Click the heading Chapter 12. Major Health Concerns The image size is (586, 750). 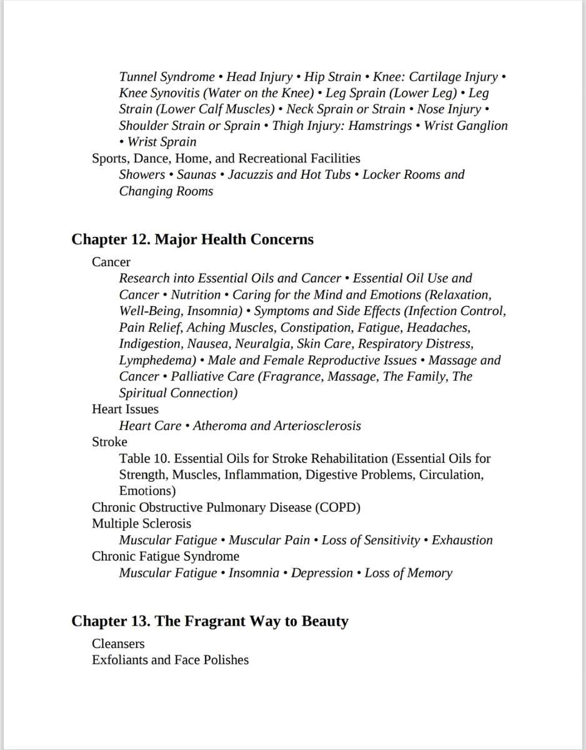tap(192, 239)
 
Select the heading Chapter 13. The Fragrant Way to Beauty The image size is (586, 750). tap(209, 621)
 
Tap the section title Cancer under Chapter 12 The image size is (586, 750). tap(111, 262)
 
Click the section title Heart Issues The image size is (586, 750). tap(125, 409)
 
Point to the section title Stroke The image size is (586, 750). tap(109, 442)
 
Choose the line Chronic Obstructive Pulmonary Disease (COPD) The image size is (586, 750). tap(226, 507)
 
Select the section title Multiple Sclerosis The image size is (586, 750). tap(141, 523)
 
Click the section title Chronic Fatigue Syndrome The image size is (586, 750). tap(166, 556)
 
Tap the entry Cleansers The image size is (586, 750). tap(118, 643)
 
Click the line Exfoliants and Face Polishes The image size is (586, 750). tap(170, 659)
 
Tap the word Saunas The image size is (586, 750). tap(196, 174)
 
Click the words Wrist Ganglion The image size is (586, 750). tap(465, 126)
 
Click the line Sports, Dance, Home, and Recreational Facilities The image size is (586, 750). tap(226, 158)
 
